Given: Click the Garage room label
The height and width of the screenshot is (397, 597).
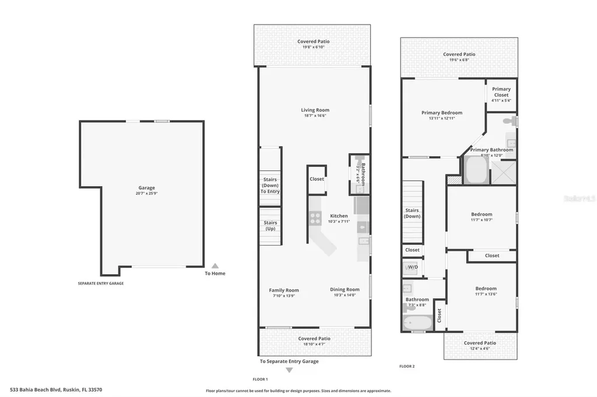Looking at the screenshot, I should coord(146,188).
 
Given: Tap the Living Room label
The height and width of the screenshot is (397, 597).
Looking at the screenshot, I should coord(315,110).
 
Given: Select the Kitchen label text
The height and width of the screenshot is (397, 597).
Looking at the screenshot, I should coord(339,216).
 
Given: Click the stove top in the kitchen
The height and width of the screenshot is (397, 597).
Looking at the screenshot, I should coord(315,218).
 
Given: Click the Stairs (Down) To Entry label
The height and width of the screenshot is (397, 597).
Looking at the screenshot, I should coord(270,185).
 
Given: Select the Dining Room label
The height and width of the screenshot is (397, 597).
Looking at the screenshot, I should coord(345,289).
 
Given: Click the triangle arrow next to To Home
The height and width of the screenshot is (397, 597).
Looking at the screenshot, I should coord(215,265).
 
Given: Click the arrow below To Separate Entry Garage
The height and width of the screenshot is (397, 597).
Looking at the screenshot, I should coord(289,370).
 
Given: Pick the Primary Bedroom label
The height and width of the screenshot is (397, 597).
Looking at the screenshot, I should coord(442,113).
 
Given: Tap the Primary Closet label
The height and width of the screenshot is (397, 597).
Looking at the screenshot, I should coord(501,92).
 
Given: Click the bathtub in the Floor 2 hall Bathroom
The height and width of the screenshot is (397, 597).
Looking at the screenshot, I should coord(417,322).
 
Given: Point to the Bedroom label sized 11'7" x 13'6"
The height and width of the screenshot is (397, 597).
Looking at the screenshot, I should coord(486,289).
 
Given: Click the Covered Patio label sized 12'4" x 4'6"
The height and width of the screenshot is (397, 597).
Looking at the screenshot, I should coord(480,343).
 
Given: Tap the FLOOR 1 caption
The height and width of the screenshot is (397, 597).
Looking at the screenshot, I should coord(260,379).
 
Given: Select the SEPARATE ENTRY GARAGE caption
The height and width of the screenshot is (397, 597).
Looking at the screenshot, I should coord(101,283).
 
